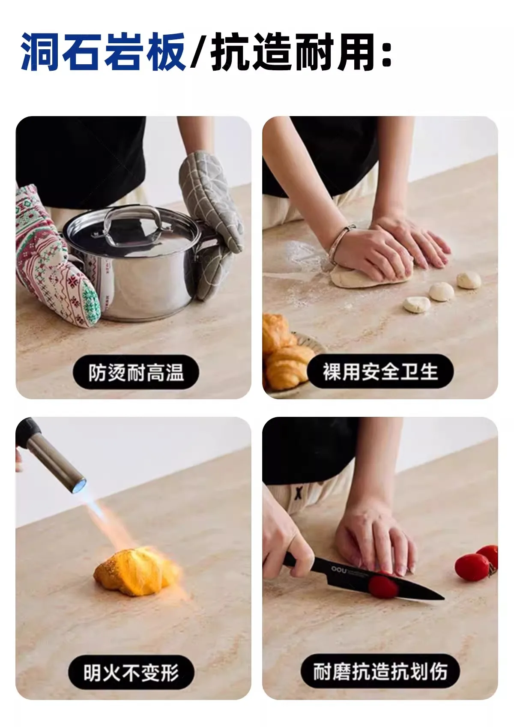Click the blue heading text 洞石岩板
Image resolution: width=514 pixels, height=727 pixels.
tap(103, 52)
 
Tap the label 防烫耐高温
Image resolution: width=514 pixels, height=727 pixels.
tap(136, 372)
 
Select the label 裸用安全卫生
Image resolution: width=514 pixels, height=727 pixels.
tap(380, 371)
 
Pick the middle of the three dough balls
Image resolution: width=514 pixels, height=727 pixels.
tap(441, 291)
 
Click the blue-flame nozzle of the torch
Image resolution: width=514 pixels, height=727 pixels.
tap(78, 486)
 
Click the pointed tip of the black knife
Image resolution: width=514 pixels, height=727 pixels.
tap(443, 598)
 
